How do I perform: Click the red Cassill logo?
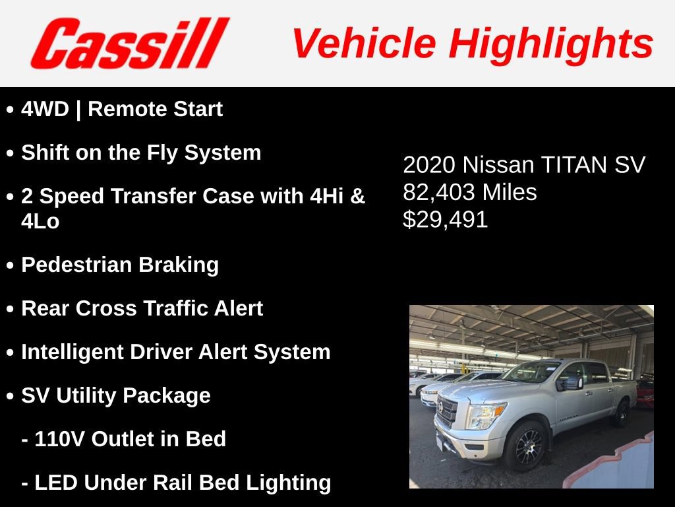click(x=129, y=44)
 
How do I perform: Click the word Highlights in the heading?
click(x=551, y=44)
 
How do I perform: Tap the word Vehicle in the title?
click(x=363, y=44)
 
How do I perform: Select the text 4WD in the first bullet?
click(x=45, y=110)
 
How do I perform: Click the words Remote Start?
click(x=155, y=110)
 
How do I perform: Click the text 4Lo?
click(x=40, y=222)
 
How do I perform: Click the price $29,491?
click(x=446, y=220)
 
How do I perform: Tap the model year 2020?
click(x=429, y=165)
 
